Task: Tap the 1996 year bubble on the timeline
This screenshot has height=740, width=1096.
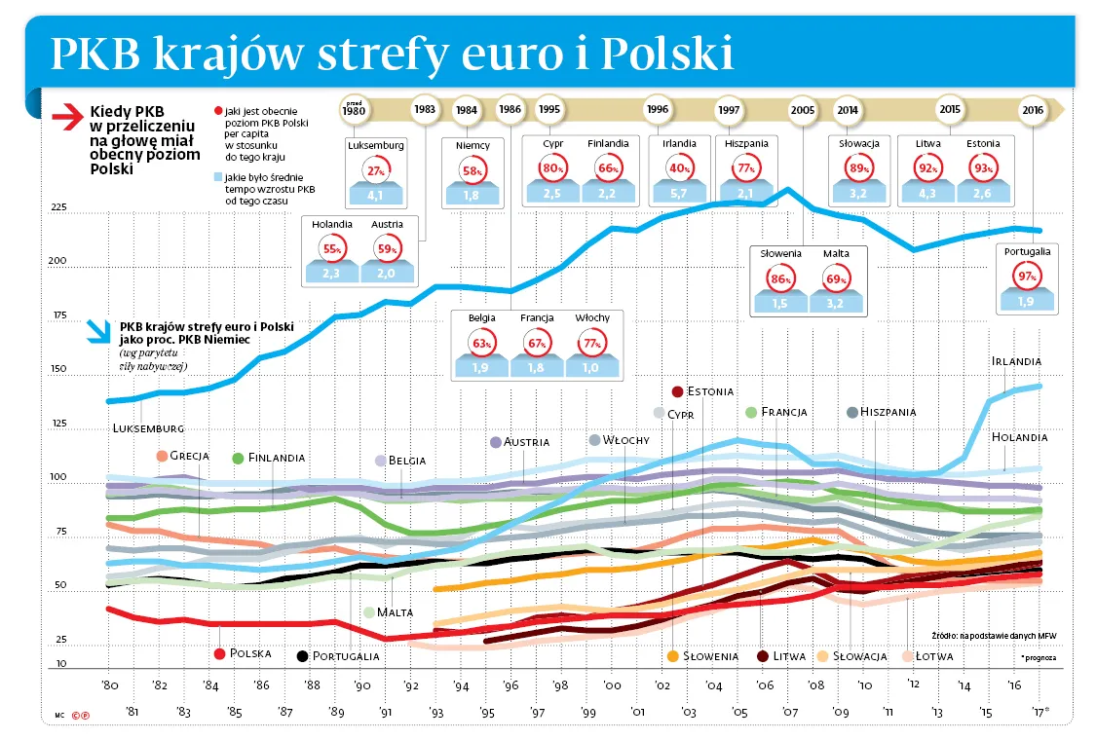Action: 658,110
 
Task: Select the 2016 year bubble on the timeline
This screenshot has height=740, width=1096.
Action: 1033,110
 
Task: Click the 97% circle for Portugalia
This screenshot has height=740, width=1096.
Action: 1027,277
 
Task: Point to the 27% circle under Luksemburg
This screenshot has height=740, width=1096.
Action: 375,170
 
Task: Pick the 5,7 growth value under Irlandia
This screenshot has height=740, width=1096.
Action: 679,194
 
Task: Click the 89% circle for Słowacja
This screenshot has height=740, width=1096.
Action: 858,169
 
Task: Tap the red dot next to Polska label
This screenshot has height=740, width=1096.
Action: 220,653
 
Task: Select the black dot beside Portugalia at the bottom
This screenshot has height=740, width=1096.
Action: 302,656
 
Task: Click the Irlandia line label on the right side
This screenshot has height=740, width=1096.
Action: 1016,361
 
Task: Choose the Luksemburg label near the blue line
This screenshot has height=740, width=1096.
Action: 148,427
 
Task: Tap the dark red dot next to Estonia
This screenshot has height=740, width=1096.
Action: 677,391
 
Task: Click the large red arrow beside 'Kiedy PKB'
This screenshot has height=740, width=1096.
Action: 69,117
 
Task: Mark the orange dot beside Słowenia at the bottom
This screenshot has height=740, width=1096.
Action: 672,656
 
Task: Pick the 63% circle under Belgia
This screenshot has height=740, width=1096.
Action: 481,343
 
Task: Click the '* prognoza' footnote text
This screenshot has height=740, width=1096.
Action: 1038,657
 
